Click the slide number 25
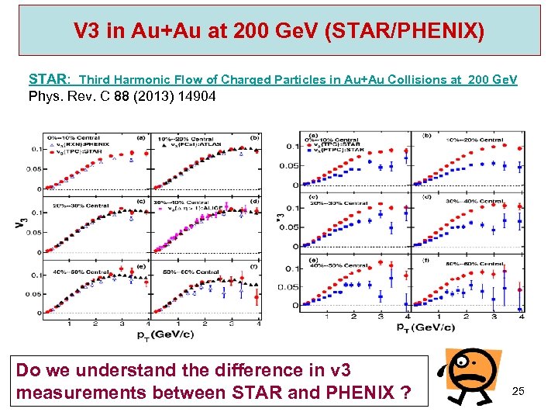click(x=518, y=391)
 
